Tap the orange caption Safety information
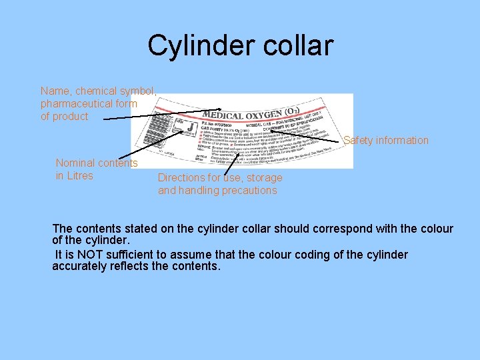click(386, 140)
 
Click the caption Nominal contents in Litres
click(97, 169)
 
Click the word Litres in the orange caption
click(75, 176)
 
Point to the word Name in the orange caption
click(54, 91)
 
